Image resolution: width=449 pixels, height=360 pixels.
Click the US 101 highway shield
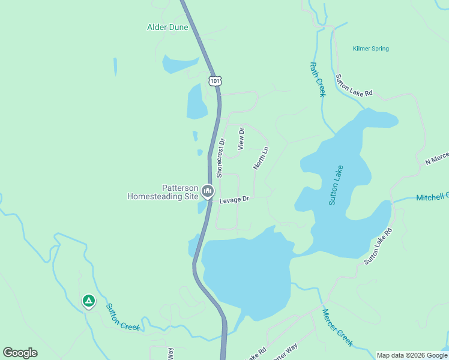click(x=215, y=80)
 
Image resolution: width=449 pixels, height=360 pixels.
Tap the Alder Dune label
click(x=168, y=27)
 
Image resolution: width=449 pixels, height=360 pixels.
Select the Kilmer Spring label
click(x=371, y=49)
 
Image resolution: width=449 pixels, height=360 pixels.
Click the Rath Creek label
click(x=317, y=80)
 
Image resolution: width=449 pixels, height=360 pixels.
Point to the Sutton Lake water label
click(x=336, y=185)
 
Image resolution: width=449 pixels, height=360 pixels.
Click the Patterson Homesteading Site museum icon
click(x=208, y=191)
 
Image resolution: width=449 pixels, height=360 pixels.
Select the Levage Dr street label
click(x=234, y=200)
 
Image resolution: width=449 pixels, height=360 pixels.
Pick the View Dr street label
click(x=241, y=139)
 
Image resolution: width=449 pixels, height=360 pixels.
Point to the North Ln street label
click(x=261, y=157)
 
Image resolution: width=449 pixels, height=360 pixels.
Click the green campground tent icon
click(x=89, y=301)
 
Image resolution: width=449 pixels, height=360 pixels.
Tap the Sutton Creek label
click(x=123, y=317)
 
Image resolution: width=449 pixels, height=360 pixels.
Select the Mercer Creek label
click(x=337, y=327)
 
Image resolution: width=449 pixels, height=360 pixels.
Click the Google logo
click(x=20, y=353)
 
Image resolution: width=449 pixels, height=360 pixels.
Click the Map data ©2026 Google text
click(x=411, y=355)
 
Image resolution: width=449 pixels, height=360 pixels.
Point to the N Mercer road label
click(x=436, y=158)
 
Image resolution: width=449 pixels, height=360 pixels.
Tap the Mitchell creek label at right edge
click(x=432, y=197)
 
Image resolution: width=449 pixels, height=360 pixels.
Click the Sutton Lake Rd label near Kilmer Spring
click(x=354, y=86)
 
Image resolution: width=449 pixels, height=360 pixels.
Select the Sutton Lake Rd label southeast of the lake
click(x=379, y=246)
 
